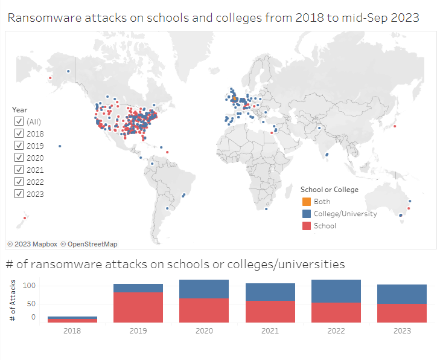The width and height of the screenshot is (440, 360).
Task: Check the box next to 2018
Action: click(x=19, y=133)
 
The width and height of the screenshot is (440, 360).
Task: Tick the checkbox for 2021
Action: click(x=19, y=170)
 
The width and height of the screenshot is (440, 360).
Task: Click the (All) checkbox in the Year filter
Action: click(x=19, y=121)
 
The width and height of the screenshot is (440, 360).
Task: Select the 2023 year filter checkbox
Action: click(x=19, y=194)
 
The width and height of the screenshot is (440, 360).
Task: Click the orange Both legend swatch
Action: click(x=306, y=202)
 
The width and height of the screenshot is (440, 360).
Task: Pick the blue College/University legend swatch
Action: click(x=306, y=214)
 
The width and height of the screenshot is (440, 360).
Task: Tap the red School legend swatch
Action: click(x=306, y=226)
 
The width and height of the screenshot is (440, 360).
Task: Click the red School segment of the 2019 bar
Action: click(x=138, y=307)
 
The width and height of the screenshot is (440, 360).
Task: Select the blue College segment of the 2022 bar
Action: click(x=336, y=291)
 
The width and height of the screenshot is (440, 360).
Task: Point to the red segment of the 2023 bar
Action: click(x=401, y=313)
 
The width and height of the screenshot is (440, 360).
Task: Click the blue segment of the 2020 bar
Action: click(x=204, y=289)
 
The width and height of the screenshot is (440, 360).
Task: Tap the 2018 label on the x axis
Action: click(x=72, y=330)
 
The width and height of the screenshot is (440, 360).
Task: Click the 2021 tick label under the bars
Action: click(x=270, y=330)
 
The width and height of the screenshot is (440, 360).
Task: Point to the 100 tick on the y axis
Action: click(x=30, y=286)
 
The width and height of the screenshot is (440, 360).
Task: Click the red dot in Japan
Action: click(x=394, y=126)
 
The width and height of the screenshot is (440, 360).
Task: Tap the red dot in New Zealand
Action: click(x=24, y=218)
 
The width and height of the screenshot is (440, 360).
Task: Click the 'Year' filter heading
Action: click(x=20, y=109)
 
